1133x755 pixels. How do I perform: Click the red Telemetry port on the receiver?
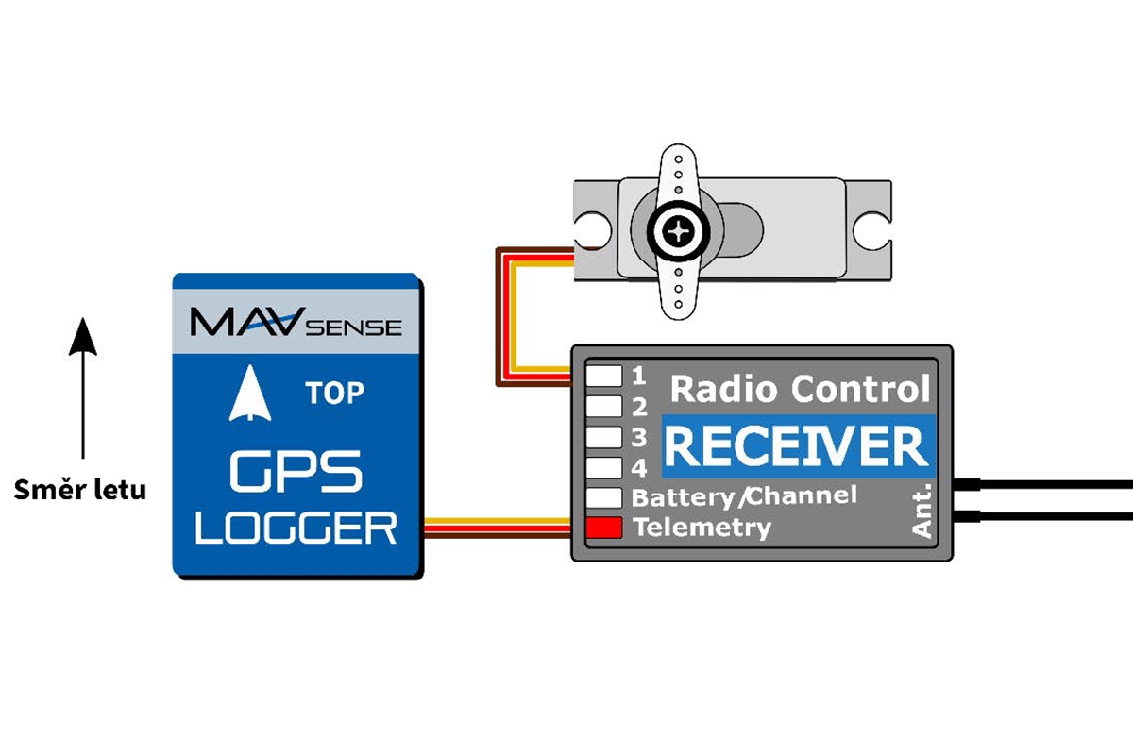pos(604,528)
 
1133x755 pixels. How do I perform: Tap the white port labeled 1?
pos(604,376)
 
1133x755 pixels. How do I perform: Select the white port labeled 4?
pos(604,466)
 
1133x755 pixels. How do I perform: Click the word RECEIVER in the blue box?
pos(796,446)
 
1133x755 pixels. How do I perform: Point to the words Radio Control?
pos(800,388)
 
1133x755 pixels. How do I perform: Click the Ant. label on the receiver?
pos(922,510)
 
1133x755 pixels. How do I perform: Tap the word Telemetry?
pos(702,528)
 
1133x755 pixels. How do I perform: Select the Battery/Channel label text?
pos(744,495)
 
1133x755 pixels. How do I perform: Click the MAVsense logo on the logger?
pos(296,324)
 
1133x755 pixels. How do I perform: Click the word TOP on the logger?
pos(334,393)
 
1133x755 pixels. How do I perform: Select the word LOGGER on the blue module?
pos(296,528)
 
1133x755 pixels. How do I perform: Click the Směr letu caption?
pos(80,491)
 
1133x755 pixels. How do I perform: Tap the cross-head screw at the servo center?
pos(678,228)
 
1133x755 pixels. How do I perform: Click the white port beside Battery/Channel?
pos(604,497)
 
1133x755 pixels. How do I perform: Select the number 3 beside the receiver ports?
pos(639,437)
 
